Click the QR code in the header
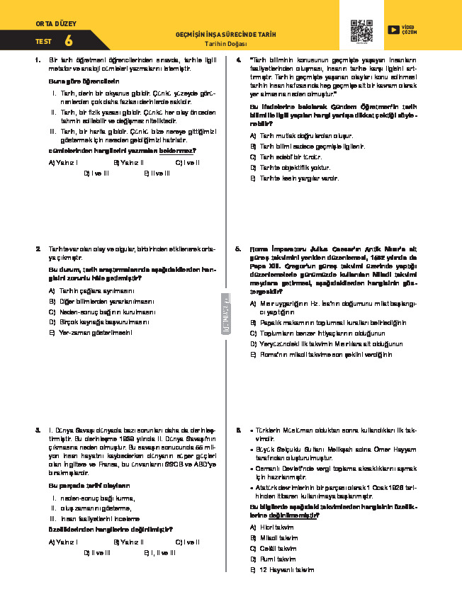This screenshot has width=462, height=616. pos(361,31)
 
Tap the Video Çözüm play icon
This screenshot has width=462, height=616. pos(393,30)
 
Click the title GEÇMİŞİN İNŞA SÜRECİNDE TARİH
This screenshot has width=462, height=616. pos(225,35)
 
